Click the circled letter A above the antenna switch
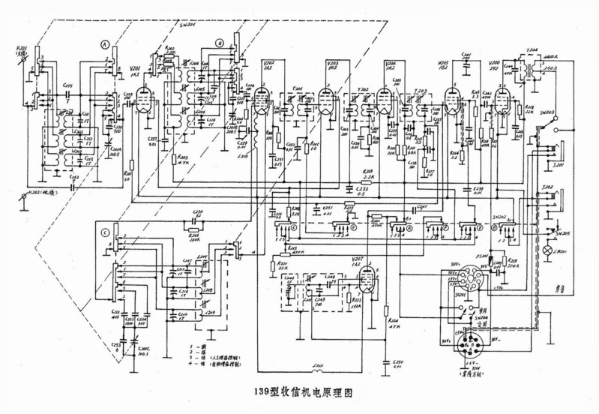click(x=105, y=45)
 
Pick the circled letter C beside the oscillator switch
click(x=105, y=234)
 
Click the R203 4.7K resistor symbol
click(x=173, y=159)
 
